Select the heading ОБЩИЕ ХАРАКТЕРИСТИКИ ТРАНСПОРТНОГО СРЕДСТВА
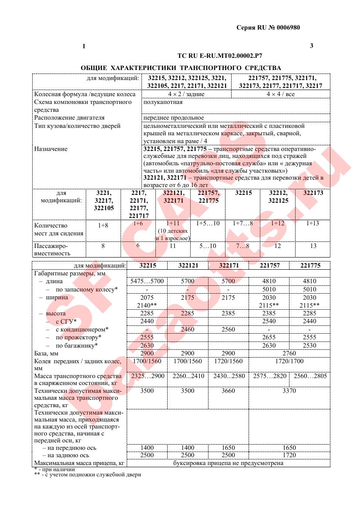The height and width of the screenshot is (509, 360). click(181, 68)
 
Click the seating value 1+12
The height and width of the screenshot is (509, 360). click(278, 223)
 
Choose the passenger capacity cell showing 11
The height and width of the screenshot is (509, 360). click(172, 246)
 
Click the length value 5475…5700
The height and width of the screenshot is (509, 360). click(147, 281)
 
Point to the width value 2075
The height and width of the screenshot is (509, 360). click(147, 298)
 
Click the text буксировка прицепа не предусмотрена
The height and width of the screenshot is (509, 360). click(228, 463)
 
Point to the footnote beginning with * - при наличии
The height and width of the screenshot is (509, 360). click(54, 469)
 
